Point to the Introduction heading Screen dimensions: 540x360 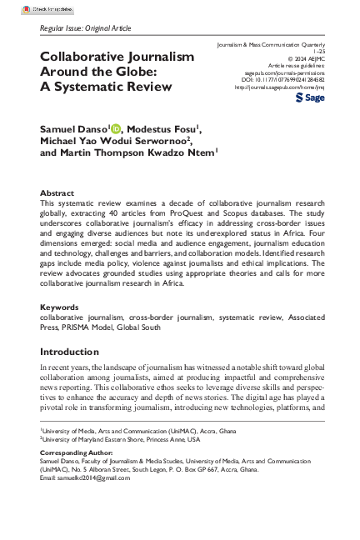73,351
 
